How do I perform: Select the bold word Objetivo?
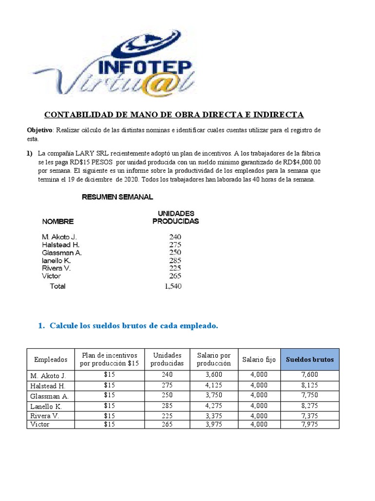coord(39,130)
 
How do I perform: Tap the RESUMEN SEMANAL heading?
coord(117,197)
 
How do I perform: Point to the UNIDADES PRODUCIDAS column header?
coord(176,217)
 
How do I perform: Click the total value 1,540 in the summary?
coord(173,286)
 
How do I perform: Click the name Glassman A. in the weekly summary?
coord(62,253)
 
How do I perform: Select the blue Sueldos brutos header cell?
coord(310,360)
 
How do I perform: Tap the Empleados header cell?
coord(51,360)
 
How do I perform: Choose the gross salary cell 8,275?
coord(310,406)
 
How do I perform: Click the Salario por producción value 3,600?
coord(214,375)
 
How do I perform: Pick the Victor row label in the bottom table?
coord(40,424)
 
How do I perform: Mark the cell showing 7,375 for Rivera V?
coord(310,415)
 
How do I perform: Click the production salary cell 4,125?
coord(214,385)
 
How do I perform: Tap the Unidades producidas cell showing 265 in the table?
coord(167,424)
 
